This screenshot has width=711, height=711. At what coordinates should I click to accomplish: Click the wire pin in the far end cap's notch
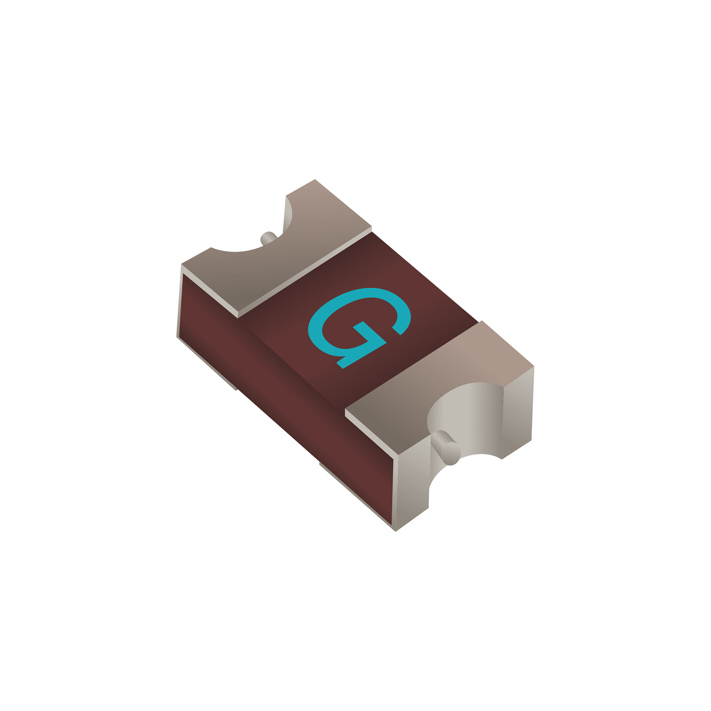[269, 238]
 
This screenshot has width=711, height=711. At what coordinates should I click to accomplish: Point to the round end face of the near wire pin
[451, 453]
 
